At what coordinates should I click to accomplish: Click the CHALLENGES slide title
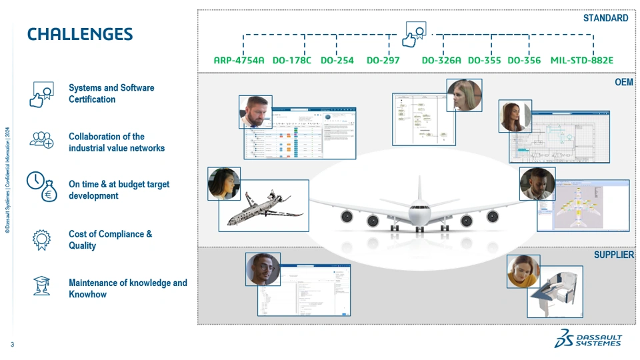[x=80, y=34]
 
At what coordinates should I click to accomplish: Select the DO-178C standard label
[x=291, y=61]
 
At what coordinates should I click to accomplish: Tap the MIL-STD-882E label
[x=581, y=61]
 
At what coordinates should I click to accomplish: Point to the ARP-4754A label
[x=239, y=61]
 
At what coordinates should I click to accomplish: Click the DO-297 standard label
[x=383, y=61]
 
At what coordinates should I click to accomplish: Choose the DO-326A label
[x=441, y=61]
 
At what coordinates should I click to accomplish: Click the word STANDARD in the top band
[x=605, y=18]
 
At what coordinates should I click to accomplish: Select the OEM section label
[x=624, y=82]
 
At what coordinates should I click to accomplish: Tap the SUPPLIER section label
[x=613, y=255]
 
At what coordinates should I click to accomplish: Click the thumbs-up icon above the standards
[x=415, y=34]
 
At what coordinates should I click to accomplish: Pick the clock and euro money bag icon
[x=41, y=187]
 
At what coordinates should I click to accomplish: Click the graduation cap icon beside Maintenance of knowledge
[x=41, y=285]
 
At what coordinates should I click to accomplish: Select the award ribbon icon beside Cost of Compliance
[x=41, y=239]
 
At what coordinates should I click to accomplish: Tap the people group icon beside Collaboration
[x=41, y=139]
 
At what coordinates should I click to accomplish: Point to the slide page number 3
[x=12, y=345]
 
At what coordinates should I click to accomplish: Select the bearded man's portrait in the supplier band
[x=263, y=269]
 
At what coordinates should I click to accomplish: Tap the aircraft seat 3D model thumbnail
[x=555, y=291]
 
